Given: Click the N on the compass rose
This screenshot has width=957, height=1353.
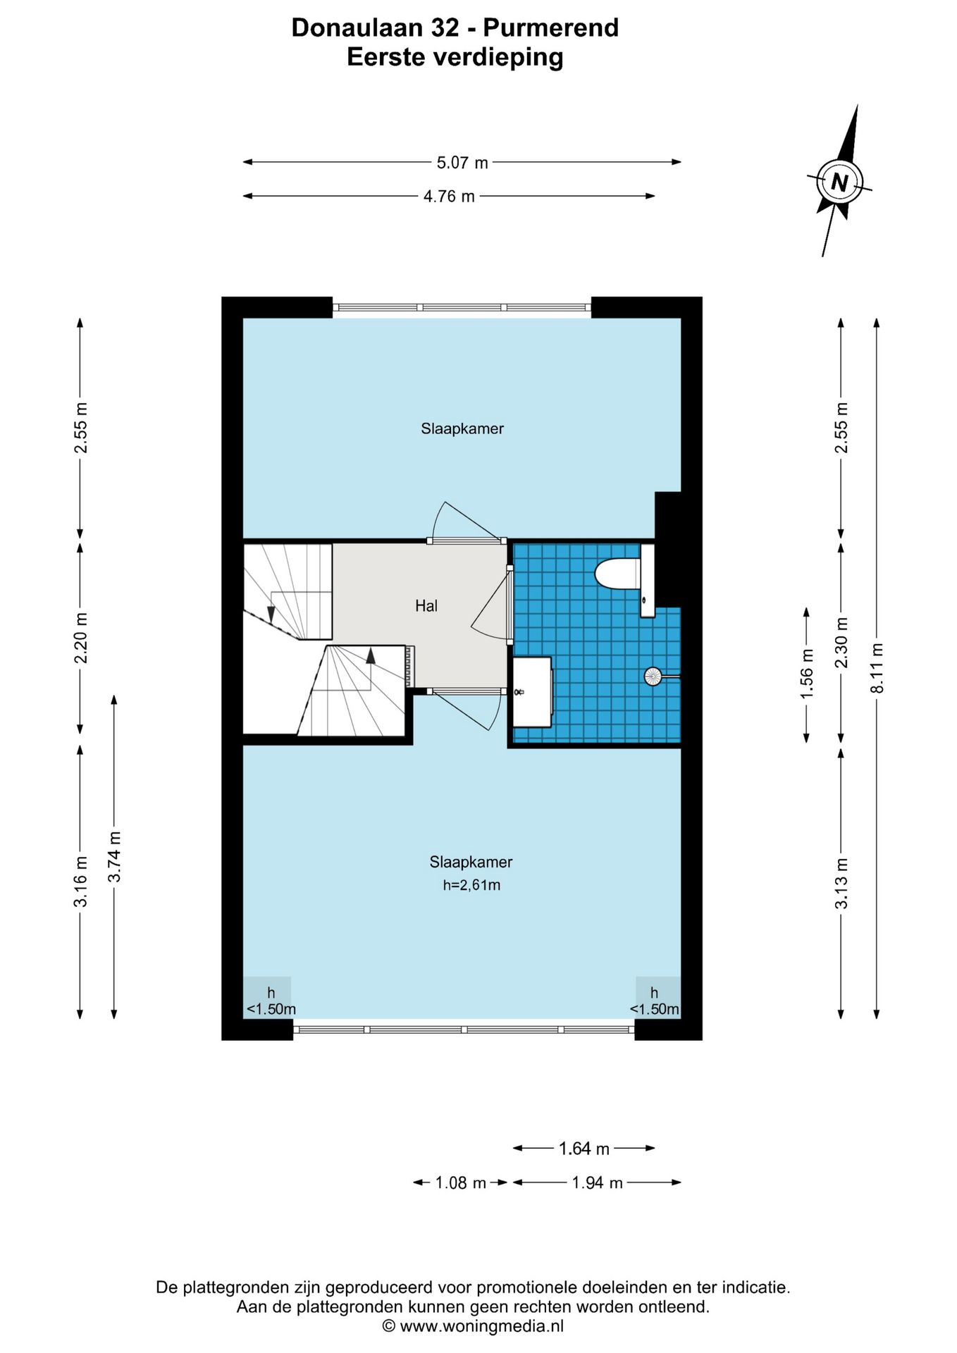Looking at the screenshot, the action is tap(839, 183).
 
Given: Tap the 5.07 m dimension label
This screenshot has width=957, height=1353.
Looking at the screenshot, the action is tap(462, 163).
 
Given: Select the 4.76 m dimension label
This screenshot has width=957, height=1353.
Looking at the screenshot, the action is tap(449, 197).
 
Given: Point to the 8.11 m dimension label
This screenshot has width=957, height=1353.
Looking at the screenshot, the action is tap(877, 668).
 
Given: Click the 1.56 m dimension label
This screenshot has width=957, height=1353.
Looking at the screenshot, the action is tap(807, 674).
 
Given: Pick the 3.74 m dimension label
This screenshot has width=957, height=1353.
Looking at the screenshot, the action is tap(115, 856).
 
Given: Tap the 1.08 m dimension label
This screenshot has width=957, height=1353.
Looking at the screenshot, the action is tap(461, 1182).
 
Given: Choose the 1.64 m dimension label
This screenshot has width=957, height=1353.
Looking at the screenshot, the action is tap(584, 1149).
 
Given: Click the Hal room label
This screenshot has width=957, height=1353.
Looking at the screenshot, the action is tap(426, 605).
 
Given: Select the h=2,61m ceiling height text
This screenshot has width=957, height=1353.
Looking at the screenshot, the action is tap(471, 885).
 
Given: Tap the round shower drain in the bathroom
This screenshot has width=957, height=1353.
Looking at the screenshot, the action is tap(653, 676).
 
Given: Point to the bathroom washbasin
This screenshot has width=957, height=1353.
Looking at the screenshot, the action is tap(531, 692).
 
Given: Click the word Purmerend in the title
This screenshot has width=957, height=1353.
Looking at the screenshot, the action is tap(551, 27).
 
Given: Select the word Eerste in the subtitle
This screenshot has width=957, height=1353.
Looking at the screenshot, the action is tap(387, 57).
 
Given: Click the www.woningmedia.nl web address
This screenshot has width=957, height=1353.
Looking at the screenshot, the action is tap(482, 1326).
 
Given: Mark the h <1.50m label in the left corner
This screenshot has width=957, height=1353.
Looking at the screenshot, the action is tap(271, 1001).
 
